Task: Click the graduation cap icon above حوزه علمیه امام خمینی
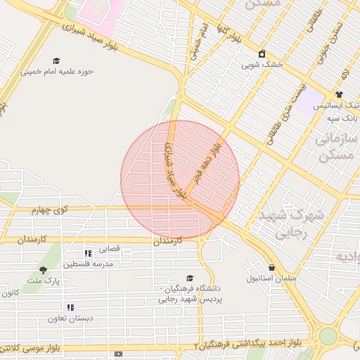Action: [56, 61]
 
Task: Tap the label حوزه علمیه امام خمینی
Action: [56, 71]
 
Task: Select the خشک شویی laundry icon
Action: [262, 53]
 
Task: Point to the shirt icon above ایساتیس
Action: [339, 94]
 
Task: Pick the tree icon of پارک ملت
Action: [44, 270]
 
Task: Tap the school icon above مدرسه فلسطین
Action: [88, 254]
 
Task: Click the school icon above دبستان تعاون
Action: [70, 307]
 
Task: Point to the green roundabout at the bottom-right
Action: [328, 336]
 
